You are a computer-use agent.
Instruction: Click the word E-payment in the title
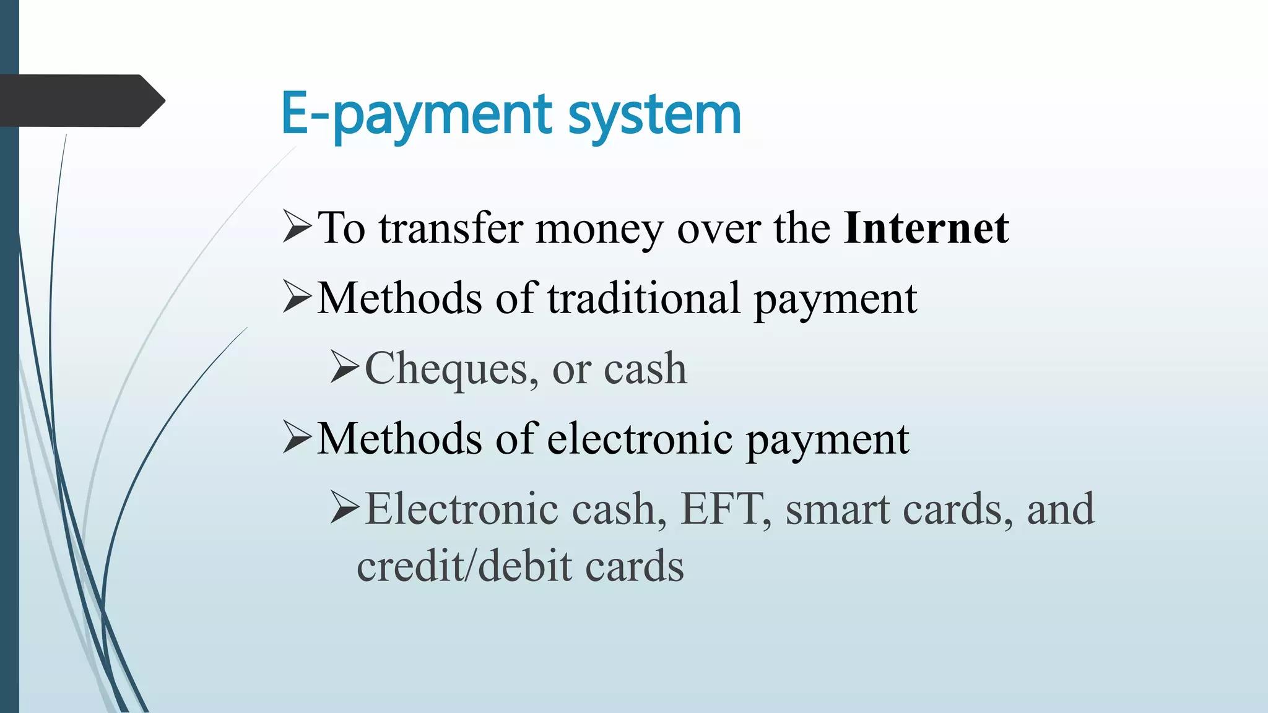pos(416,115)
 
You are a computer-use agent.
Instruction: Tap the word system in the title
pos(654,115)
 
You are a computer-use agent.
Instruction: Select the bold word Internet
pos(926,228)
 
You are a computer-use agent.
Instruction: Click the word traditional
pos(643,298)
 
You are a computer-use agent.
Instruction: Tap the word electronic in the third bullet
pos(640,439)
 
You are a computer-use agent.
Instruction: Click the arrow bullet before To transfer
pos(297,226)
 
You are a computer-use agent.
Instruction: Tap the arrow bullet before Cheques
pos(344,366)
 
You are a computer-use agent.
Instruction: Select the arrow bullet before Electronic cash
pos(344,507)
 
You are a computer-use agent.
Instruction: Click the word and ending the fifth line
pos(1060,509)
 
